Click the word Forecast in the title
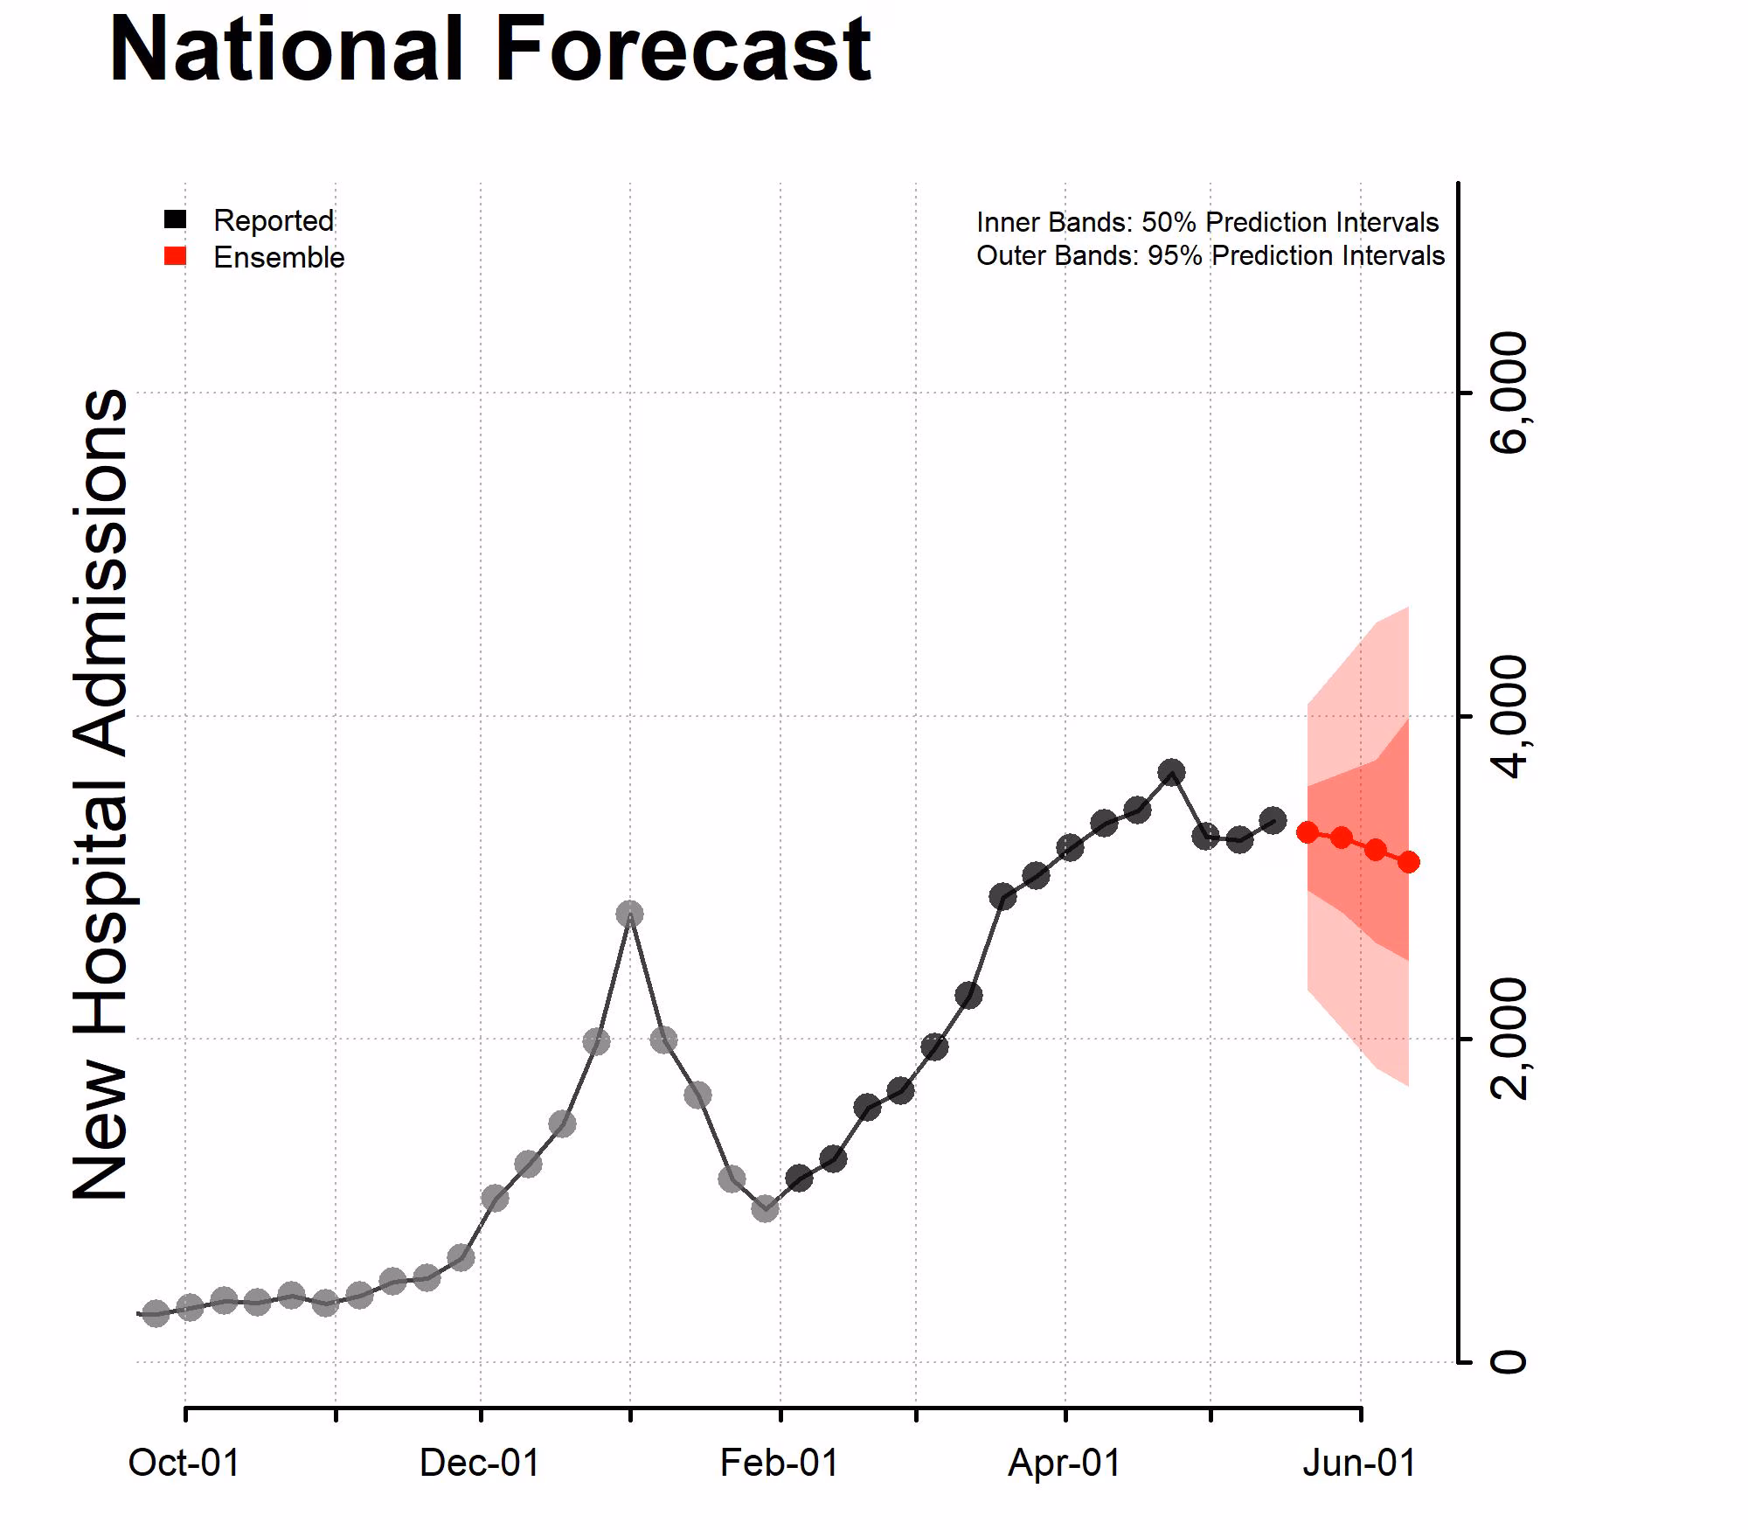[x=683, y=50]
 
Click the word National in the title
[x=286, y=50]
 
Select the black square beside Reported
[x=175, y=219]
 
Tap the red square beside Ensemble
[x=175, y=256]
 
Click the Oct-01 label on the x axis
[x=184, y=1463]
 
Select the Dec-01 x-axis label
[x=480, y=1463]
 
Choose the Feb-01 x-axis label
[x=779, y=1463]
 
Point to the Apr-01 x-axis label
[x=1064, y=1463]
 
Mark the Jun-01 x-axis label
[x=1359, y=1463]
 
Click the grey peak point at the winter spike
[x=629, y=915]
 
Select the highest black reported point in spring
[x=1172, y=772]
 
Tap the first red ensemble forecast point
[x=1308, y=832]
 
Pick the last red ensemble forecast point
[x=1408, y=863]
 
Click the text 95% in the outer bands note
[x=1174, y=255]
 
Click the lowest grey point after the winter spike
[x=765, y=1209]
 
